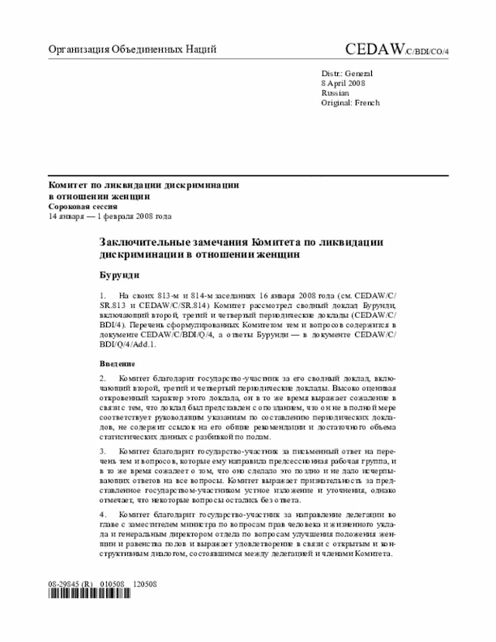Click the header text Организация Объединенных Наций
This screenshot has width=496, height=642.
(x=132, y=50)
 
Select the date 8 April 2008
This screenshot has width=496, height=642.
(x=343, y=82)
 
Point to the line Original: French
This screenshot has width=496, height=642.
(x=350, y=102)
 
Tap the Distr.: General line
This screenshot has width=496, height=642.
(x=346, y=72)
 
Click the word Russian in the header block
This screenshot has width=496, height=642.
(x=334, y=92)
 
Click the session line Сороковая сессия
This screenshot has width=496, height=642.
(x=83, y=207)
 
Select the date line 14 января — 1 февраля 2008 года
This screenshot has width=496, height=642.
(x=110, y=217)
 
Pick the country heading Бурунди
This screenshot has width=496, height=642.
(x=119, y=275)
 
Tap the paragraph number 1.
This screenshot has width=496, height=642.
(x=103, y=297)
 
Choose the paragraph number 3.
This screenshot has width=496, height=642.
(x=103, y=450)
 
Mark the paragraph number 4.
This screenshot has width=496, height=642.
(x=103, y=514)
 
